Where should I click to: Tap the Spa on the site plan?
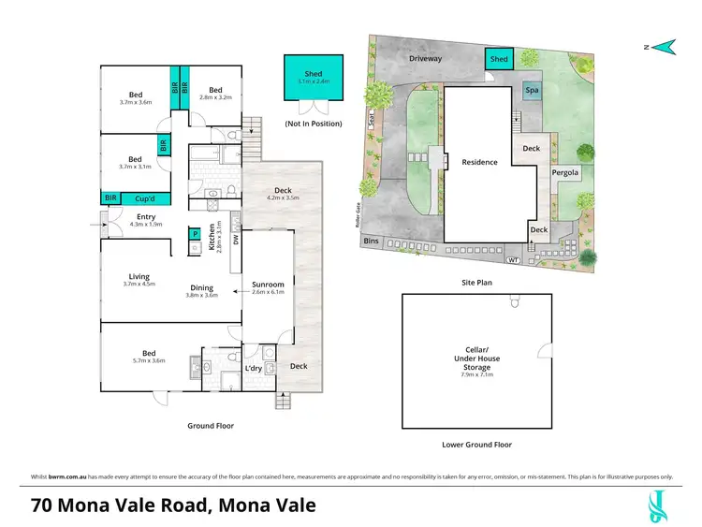[x=531, y=91]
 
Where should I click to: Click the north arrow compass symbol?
[x=664, y=44]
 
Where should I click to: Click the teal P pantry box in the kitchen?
[x=196, y=235]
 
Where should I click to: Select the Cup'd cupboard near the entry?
[x=144, y=198]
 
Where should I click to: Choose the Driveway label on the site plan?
[x=424, y=58]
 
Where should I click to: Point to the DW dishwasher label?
[x=236, y=240]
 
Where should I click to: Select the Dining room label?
[x=202, y=287]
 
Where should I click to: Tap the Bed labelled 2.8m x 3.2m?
[x=213, y=96]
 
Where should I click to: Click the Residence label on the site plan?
[x=479, y=162]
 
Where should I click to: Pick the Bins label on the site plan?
[x=373, y=241]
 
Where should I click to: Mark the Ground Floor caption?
[x=211, y=425]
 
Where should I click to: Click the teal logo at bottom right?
[x=659, y=505]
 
